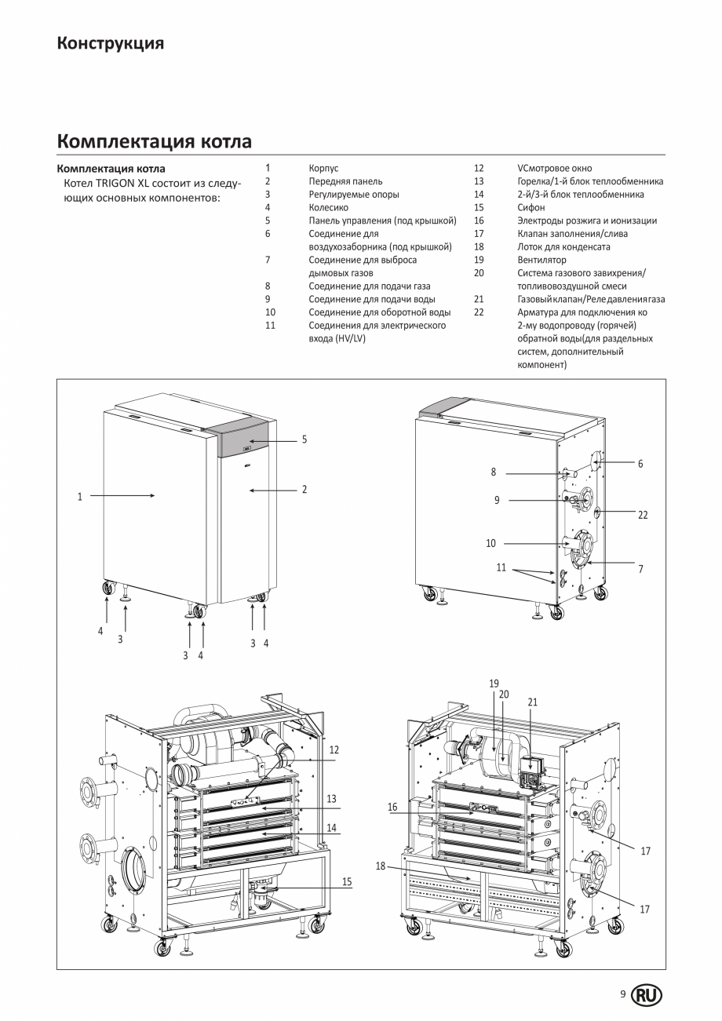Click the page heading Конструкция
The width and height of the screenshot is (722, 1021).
coord(110,43)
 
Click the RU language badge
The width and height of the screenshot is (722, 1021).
coord(647,995)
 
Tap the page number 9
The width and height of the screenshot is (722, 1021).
coord(622,994)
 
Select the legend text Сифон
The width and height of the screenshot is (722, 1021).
coord(531,207)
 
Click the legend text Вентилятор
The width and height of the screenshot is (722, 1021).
coord(541,260)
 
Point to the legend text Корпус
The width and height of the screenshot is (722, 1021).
coord(323,168)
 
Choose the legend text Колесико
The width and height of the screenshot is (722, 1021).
coord(328,207)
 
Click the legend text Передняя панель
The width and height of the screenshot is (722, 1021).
coord(345,181)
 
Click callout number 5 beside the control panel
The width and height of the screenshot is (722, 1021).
coord(304,439)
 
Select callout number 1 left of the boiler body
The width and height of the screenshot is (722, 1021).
coord(79,496)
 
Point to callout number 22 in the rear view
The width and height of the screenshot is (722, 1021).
coord(643,515)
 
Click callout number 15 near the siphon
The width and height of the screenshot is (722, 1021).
coord(346,882)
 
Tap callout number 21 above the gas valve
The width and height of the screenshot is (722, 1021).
coord(532,702)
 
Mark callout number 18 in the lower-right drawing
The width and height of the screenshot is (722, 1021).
coord(381,866)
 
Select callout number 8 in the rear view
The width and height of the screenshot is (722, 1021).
coord(494,472)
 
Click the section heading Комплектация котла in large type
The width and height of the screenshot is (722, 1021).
coord(154,142)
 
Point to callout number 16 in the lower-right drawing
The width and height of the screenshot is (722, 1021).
coord(392,806)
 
